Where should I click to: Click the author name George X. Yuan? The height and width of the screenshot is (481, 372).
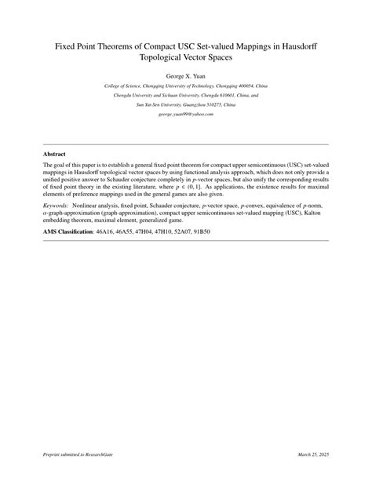[186, 76]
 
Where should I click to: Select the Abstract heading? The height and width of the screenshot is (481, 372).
[54, 155]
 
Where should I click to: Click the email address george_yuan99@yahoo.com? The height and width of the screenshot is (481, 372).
[186, 114]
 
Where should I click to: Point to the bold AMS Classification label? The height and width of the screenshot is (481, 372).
[67, 233]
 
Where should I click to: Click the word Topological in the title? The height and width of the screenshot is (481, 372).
[161, 57]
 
